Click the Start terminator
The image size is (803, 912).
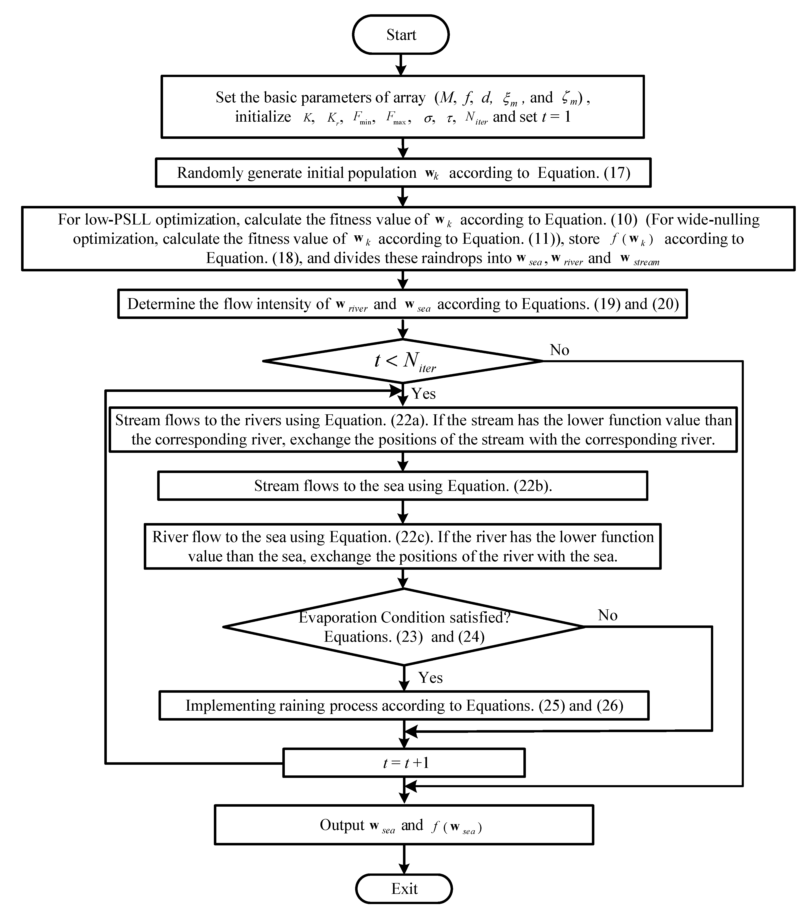click(401, 35)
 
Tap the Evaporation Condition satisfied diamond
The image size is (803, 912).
click(404, 627)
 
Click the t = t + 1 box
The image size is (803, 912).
click(404, 763)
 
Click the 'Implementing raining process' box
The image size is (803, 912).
click(404, 705)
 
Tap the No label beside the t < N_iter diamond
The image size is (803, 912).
click(559, 350)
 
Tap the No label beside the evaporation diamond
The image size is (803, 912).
click(607, 615)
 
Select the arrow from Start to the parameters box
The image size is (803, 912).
click(401, 65)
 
